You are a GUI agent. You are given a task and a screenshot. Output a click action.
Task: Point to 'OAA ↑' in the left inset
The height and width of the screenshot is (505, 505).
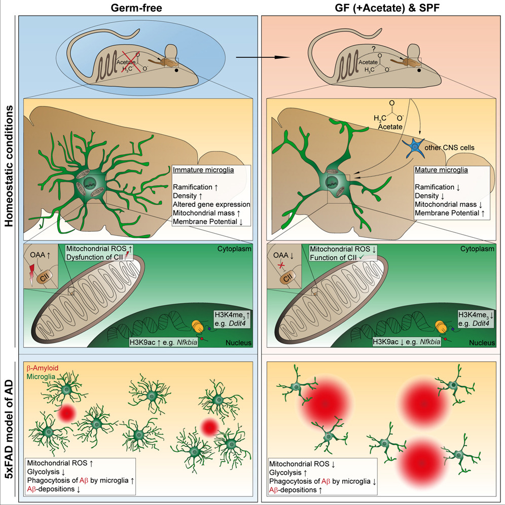click(43, 254)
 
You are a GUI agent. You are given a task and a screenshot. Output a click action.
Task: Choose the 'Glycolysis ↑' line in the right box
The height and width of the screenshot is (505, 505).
click(292, 472)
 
